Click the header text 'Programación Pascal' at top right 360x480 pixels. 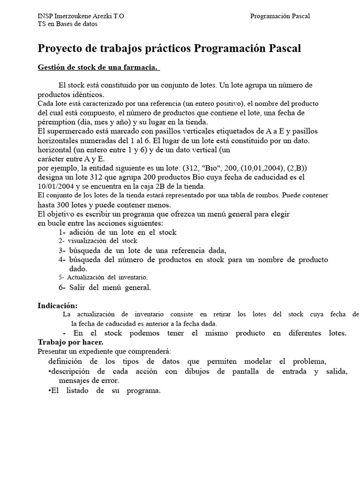(x=280, y=16)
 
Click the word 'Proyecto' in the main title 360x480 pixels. (x=58, y=48)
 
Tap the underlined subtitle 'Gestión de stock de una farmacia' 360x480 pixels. (x=98, y=68)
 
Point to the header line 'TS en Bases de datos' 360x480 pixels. (x=67, y=24)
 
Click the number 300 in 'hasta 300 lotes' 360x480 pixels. (x=64, y=205)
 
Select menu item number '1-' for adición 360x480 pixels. (x=62, y=232)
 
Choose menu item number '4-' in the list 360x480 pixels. (x=62, y=260)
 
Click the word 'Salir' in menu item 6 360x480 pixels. (x=77, y=287)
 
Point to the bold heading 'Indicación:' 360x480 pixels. (x=58, y=306)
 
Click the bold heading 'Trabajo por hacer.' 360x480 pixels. (x=70, y=342)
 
